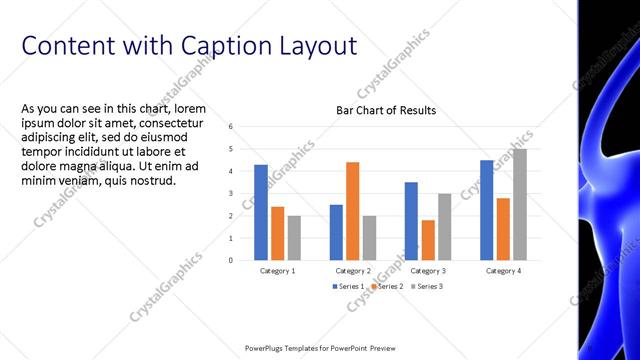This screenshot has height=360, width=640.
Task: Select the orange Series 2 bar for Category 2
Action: pyautogui.click(x=352, y=211)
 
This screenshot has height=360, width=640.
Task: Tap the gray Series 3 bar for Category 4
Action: pyautogui.click(x=519, y=204)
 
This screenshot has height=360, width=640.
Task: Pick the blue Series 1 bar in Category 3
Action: pyautogui.click(x=411, y=221)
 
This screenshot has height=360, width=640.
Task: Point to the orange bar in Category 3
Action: pyautogui.click(x=428, y=240)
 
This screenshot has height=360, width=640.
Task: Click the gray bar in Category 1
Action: pyautogui.click(x=294, y=238)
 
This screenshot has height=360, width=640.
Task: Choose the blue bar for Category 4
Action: pyautogui.click(x=486, y=210)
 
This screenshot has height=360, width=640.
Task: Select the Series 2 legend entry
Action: pyautogui.click(x=387, y=287)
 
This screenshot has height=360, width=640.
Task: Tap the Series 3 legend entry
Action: pyautogui.click(x=426, y=287)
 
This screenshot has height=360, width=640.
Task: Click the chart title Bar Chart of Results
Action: pyautogui.click(x=385, y=110)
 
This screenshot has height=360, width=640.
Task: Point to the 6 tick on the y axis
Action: pyautogui.click(x=231, y=127)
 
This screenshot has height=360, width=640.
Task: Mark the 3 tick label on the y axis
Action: pyautogui.click(x=231, y=194)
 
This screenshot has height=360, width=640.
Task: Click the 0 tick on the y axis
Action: pyautogui.click(x=231, y=260)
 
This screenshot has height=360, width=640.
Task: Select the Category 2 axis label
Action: pyautogui.click(x=352, y=271)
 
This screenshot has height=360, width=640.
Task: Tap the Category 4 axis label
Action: pyautogui.click(x=502, y=271)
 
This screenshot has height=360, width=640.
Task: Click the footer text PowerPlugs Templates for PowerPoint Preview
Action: pyautogui.click(x=320, y=349)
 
